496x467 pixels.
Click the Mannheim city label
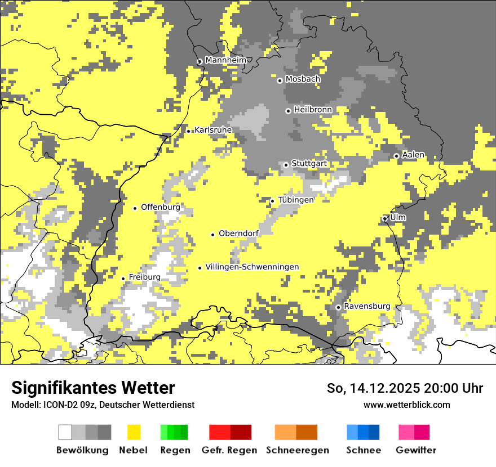(x=225, y=60)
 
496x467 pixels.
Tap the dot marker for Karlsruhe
(x=189, y=131)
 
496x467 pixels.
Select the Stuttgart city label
(x=309, y=164)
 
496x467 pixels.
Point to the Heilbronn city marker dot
(x=288, y=111)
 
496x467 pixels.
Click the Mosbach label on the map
(x=303, y=79)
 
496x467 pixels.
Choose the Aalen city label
(x=413, y=155)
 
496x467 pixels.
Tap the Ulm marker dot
(x=385, y=218)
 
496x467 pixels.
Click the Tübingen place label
(x=296, y=200)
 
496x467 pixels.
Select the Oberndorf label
(x=238, y=234)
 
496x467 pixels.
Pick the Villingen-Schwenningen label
(x=252, y=267)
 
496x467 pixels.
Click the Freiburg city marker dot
(x=123, y=279)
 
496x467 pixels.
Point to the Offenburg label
(x=161, y=207)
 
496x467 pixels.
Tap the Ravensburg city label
(x=367, y=306)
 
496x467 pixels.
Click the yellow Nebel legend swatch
(x=134, y=432)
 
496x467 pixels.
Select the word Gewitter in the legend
(x=415, y=450)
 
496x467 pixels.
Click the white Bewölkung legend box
(x=65, y=432)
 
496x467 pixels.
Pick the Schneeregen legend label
(x=297, y=450)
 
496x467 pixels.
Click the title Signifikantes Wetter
(x=93, y=388)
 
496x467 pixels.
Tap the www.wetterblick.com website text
(x=406, y=405)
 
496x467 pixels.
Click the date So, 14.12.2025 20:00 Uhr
(x=405, y=388)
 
